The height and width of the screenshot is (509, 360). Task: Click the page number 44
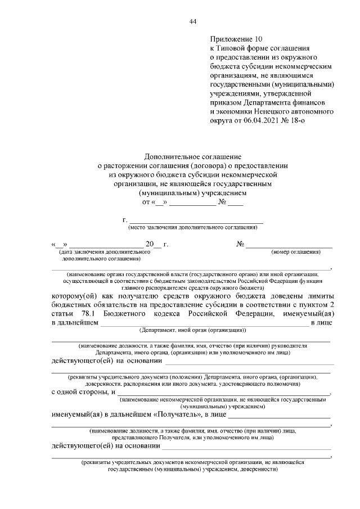click(x=192, y=22)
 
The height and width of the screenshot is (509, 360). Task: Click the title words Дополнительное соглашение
click(x=192, y=157)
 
